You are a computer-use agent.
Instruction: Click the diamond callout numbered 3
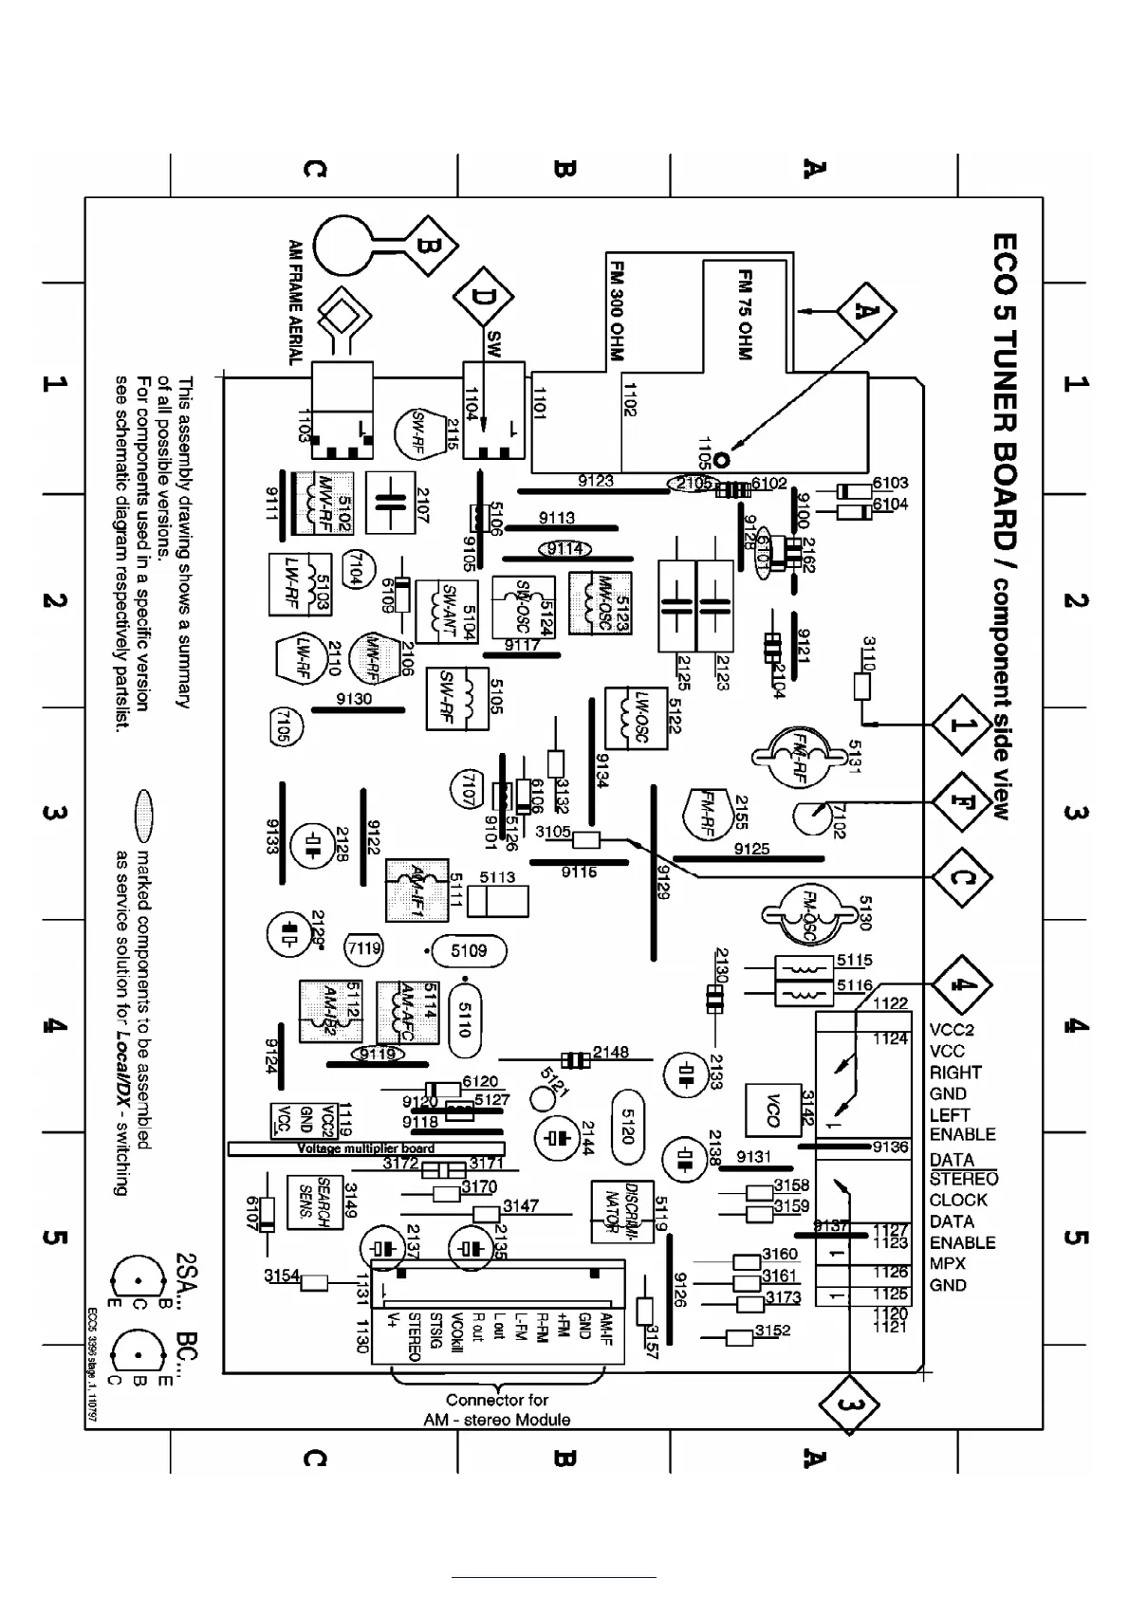[x=848, y=1404]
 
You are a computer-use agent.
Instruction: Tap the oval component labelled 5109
[x=469, y=950]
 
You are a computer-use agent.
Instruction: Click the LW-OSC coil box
[x=635, y=718]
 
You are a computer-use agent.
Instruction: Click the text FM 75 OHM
[x=746, y=314]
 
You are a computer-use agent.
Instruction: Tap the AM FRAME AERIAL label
[x=295, y=302]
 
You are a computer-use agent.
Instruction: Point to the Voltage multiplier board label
[x=365, y=1148]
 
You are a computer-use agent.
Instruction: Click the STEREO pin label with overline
[x=963, y=1179]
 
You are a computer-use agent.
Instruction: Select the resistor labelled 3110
[x=862, y=686]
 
